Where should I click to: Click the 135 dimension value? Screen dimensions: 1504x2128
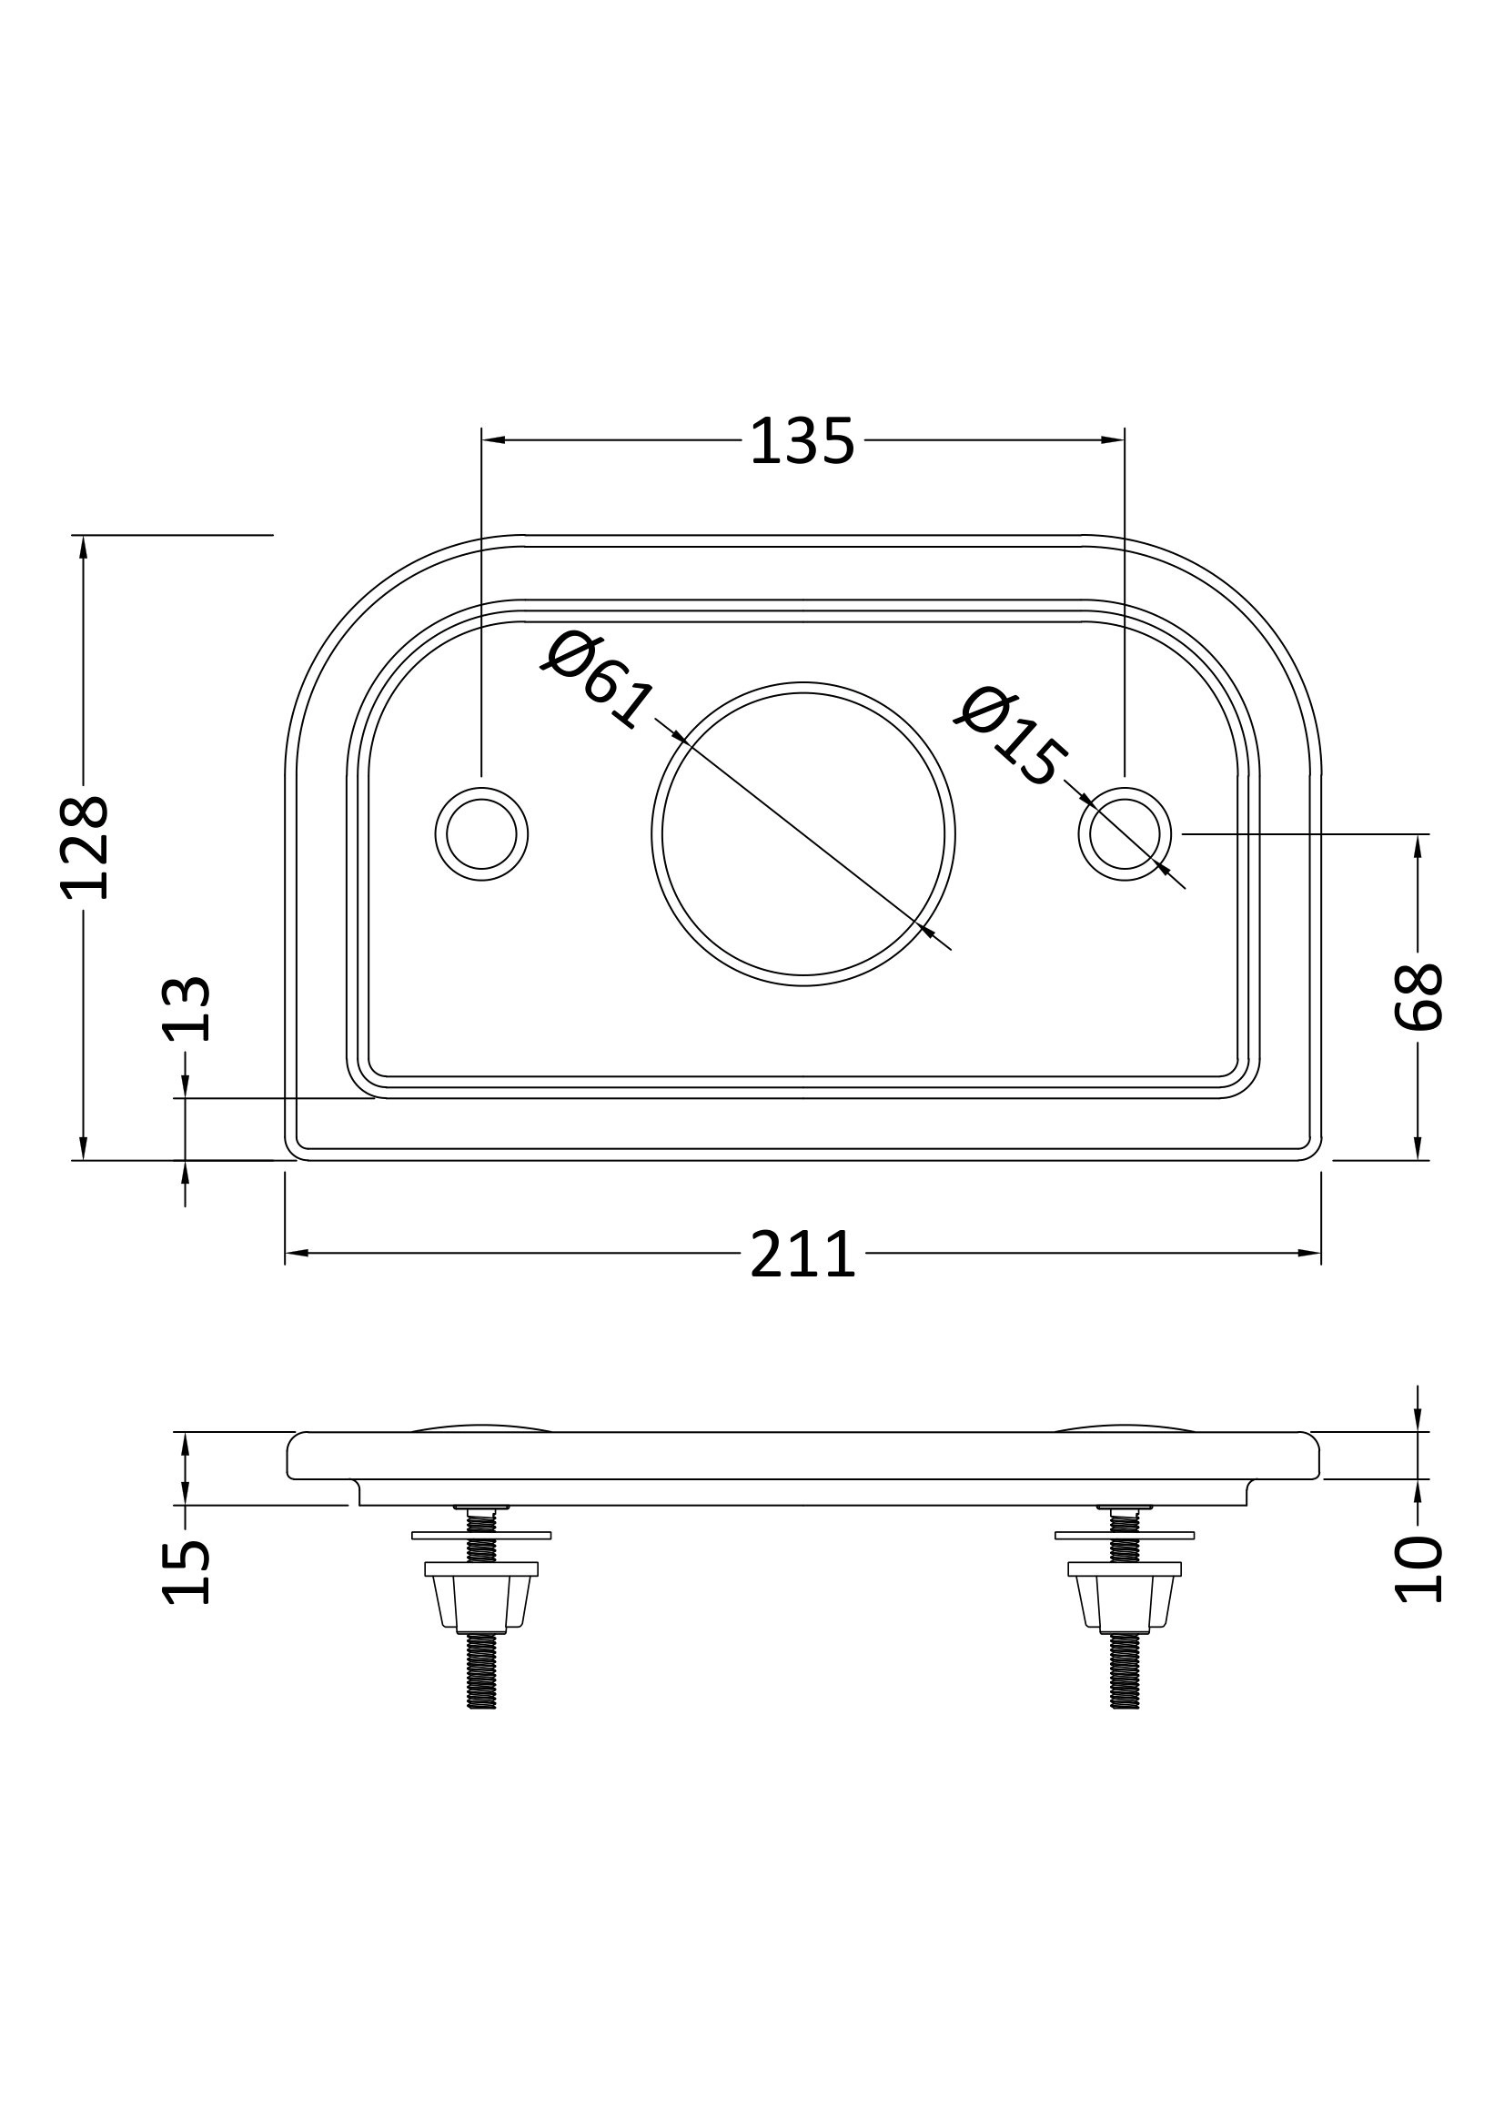coord(802,441)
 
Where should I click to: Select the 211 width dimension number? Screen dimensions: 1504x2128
coord(802,1254)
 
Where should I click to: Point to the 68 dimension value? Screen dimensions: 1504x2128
coord(1418,996)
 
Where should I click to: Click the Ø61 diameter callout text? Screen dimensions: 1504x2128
coord(598,679)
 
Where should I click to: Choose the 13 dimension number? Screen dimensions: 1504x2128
coord(187,1009)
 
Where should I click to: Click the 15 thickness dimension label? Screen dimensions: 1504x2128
coord(187,1572)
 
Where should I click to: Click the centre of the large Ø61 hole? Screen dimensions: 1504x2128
coord(803,834)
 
